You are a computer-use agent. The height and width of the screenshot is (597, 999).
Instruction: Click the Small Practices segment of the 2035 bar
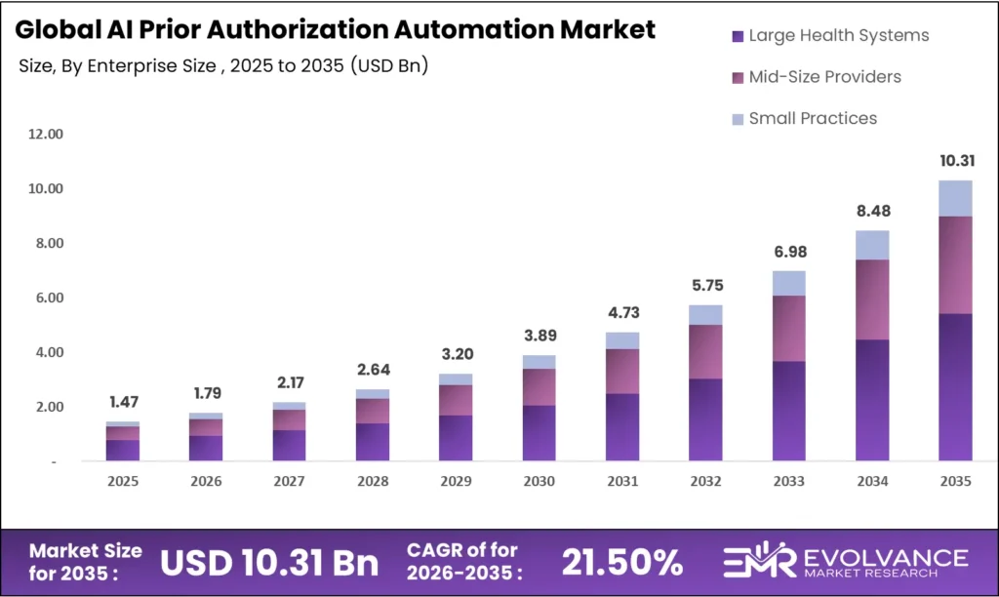pos(955,198)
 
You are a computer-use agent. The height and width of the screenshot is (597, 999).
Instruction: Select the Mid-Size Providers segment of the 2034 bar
pos(872,299)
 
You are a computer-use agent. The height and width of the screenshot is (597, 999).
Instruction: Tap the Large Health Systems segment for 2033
pos(789,411)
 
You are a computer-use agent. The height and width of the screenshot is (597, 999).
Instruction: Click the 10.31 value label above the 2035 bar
pos(955,161)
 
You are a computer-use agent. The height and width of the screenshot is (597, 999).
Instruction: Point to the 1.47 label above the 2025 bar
pos(123,402)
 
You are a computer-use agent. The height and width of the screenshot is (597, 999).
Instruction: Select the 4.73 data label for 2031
pos(622,312)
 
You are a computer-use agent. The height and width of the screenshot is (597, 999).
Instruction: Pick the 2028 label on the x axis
pos(373,481)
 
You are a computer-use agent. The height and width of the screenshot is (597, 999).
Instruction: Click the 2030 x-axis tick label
pos(539,481)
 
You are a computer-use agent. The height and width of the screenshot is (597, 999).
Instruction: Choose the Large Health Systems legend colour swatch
pos(737,36)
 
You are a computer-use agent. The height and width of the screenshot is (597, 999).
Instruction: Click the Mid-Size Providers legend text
pos(824,77)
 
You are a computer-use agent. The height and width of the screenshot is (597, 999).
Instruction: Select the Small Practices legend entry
pos(813,118)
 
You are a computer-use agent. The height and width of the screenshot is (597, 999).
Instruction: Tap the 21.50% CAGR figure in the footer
pos(621,563)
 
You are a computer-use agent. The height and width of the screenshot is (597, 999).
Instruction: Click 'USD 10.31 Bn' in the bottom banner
pos(268,563)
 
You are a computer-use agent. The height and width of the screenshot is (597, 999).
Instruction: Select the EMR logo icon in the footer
pos(751,563)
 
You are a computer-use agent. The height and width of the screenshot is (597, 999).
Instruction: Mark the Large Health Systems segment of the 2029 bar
pos(456,438)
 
